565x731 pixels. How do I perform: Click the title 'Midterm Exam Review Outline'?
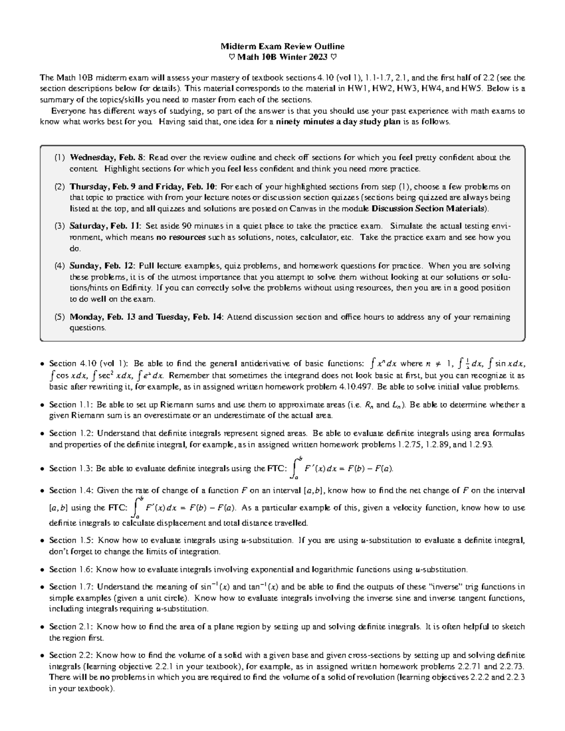point(282,46)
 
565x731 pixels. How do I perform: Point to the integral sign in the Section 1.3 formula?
point(295,468)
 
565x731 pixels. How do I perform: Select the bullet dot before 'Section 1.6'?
point(43,570)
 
